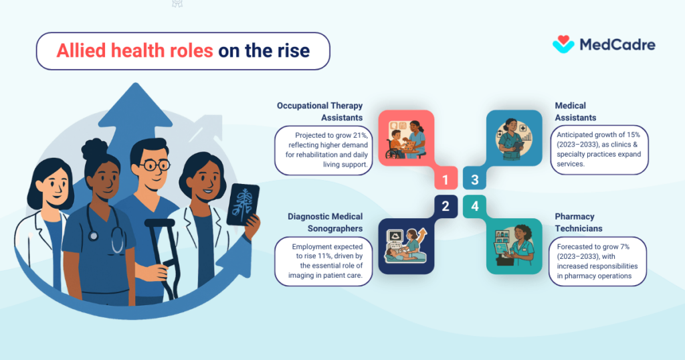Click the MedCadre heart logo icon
pos(563,44)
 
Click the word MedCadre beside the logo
pos(617,45)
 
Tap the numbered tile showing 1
pos(445,179)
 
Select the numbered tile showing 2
pos(445,206)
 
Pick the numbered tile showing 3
pos(474,179)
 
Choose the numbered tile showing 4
pos(474,206)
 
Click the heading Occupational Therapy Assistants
pos(320,111)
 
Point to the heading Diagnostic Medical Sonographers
pos(325,222)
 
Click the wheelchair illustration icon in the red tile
pos(396,148)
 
